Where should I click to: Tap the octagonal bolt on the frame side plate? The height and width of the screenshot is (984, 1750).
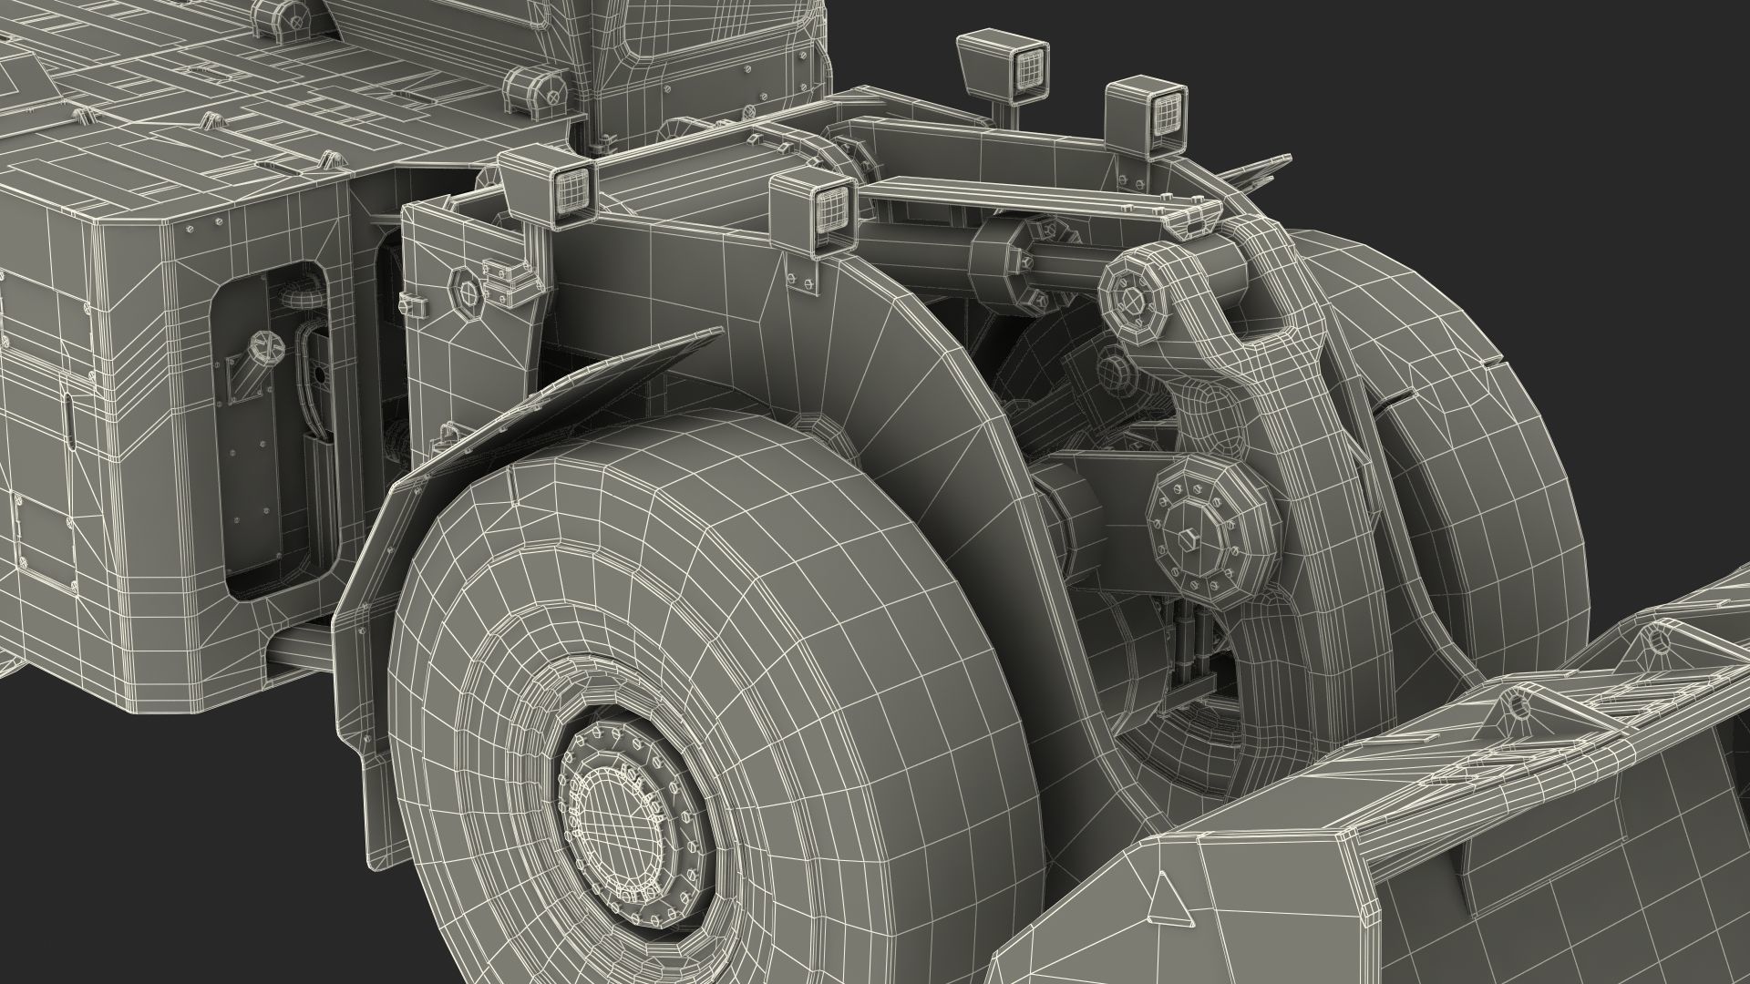466,292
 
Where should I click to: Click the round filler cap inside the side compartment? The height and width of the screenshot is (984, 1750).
265,344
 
